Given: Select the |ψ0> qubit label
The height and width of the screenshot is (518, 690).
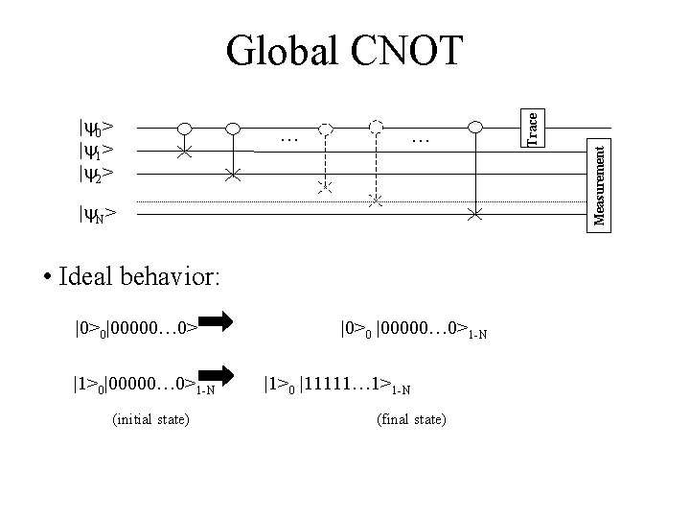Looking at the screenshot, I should coord(96,127).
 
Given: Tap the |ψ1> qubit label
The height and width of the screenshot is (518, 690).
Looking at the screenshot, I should coord(96,150).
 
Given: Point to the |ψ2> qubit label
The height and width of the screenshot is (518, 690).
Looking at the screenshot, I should coord(96,174).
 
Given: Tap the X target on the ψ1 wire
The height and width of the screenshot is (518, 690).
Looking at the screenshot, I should coord(186,152).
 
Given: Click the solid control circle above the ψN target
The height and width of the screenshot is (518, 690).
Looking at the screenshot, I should coord(474,127).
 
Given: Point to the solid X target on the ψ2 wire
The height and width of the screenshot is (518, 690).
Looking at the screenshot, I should coord(233,176).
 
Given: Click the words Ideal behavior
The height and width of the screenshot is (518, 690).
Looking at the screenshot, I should coord(139,278).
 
